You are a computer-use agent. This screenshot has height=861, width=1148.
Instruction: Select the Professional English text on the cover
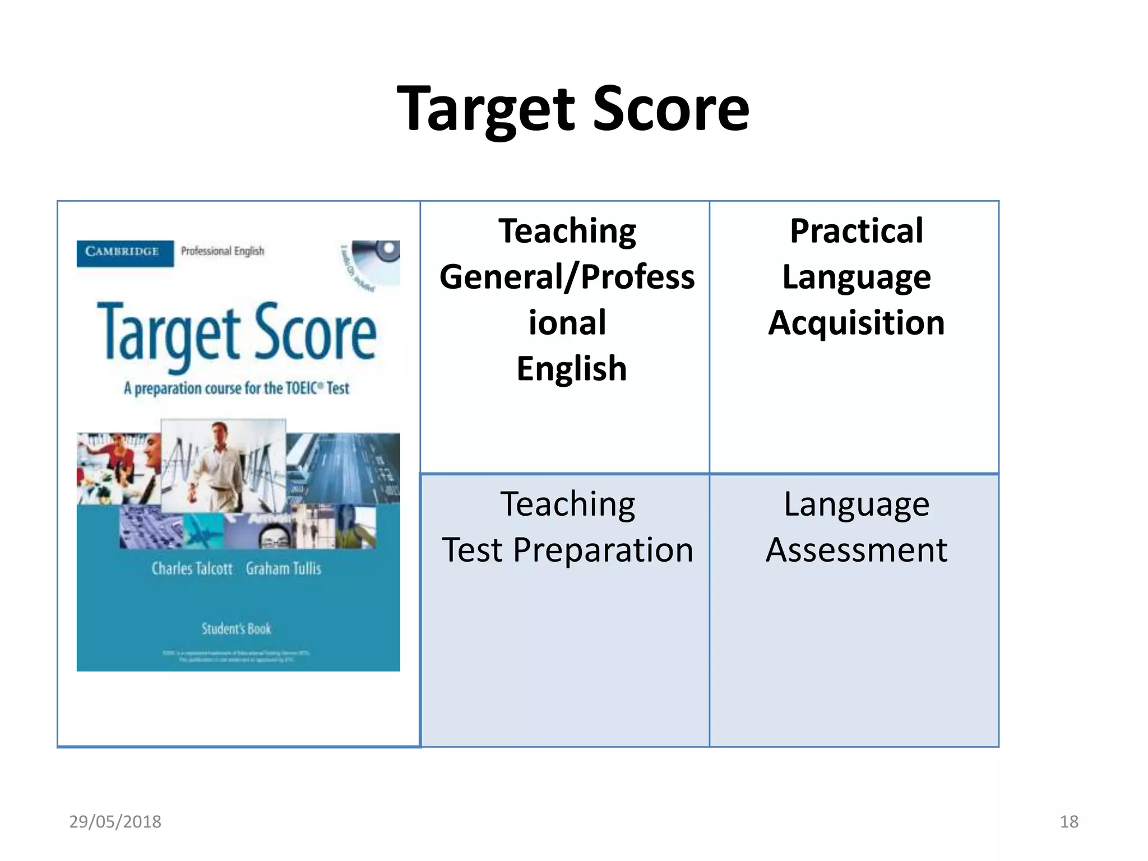point(222,251)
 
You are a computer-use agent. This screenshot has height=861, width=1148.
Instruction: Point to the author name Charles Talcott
point(192,568)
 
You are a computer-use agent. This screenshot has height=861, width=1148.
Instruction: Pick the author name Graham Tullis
point(284,568)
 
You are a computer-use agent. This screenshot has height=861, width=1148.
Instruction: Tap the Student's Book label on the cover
point(236,629)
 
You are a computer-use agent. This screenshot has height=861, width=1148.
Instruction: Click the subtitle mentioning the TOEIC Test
point(236,388)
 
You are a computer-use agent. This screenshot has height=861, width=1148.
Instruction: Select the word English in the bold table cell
point(571,369)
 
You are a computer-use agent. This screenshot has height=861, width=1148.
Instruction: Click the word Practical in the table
point(856,231)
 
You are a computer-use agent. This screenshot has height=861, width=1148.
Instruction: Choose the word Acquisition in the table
point(856,323)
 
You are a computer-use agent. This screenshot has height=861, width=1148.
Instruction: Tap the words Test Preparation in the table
point(567,550)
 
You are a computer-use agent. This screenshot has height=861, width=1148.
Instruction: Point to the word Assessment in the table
point(856,550)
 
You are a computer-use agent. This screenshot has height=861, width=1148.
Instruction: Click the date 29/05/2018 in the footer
point(115,822)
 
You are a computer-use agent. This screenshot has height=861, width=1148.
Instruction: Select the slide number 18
point(1069,822)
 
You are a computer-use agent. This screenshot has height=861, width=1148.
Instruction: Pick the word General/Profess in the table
point(567,277)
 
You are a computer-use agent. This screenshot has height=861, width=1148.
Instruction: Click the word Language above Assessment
point(856,504)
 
